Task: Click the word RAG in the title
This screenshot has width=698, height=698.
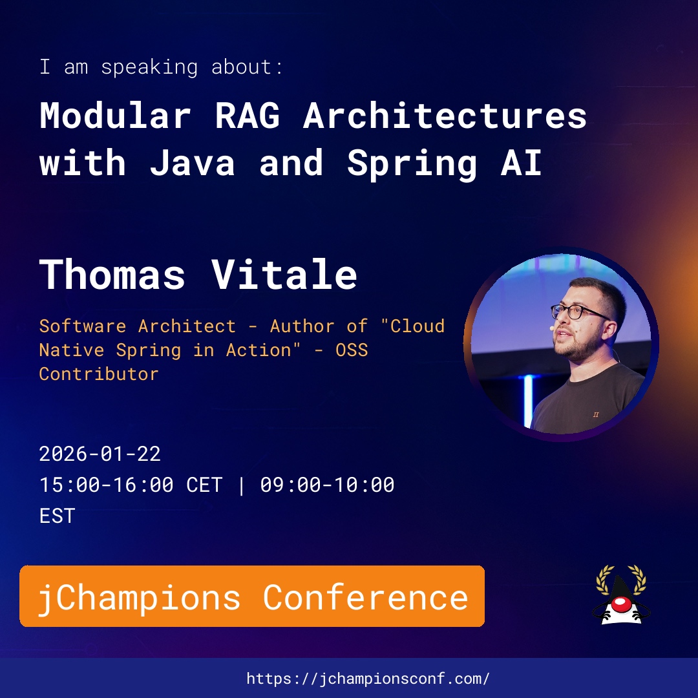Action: click(248, 115)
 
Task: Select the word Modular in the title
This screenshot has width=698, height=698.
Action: click(116, 115)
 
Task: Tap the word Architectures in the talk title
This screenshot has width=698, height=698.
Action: click(445, 115)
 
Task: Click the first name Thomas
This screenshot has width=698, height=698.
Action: click(112, 274)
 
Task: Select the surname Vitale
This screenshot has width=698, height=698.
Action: click(284, 274)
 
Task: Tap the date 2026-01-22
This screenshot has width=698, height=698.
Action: click(100, 454)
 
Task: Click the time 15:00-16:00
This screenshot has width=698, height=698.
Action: click(107, 485)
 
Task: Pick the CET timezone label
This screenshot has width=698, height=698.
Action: click(204, 485)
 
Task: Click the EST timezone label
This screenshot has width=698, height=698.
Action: click(58, 516)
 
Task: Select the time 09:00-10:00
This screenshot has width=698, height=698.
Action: click(327, 485)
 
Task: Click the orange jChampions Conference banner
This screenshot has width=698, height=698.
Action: click(252, 596)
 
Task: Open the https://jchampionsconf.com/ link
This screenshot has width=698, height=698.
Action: click(368, 679)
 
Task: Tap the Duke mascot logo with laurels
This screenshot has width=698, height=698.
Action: click(621, 595)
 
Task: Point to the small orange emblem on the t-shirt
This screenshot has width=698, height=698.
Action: click(596, 415)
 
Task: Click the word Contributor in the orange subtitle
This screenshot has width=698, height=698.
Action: click(99, 374)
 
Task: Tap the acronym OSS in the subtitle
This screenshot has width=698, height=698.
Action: click(352, 350)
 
